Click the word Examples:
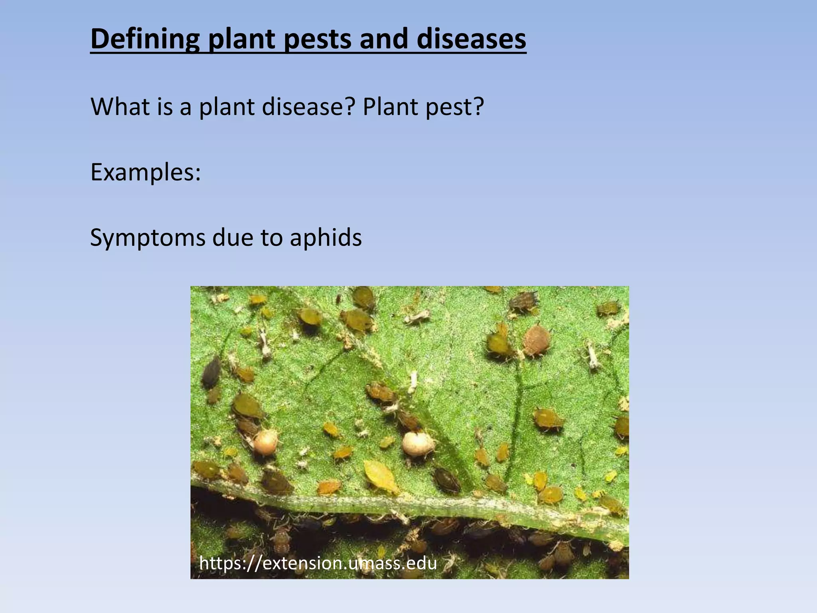pyautogui.click(x=146, y=172)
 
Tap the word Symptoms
pyautogui.click(x=147, y=238)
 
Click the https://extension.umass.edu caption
pyautogui.click(x=318, y=563)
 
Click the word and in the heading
pyautogui.click(x=384, y=39)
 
